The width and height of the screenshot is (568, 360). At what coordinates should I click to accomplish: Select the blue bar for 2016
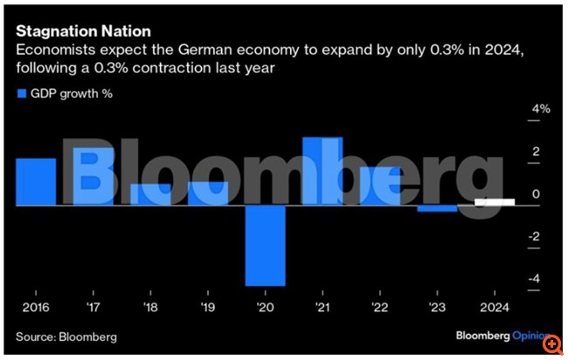[x=36, y=182]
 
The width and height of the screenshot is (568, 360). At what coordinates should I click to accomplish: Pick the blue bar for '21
[x=322, y=171]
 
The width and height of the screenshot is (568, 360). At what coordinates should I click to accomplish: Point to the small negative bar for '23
[x=437, y=209]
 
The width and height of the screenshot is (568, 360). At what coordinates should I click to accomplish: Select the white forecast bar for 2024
[x=494, y=202]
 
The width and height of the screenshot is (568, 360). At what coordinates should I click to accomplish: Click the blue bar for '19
[x=208, y=193]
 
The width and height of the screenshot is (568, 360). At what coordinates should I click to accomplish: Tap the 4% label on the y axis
[x=541, y=110]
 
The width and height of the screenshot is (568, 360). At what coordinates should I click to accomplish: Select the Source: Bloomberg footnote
[x=66, y=336]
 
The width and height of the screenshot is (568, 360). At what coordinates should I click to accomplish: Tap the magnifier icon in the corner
[x=553, y=345]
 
